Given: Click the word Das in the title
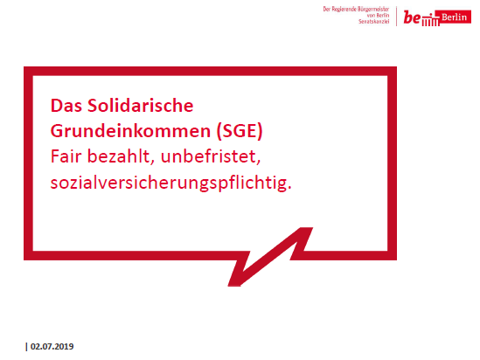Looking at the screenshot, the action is (66, 106).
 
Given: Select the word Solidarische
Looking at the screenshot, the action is (141, 106).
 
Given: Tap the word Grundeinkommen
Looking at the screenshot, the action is (131, 131).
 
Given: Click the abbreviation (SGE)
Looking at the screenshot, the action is (240, 131).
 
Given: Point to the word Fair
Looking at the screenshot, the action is (66, 156).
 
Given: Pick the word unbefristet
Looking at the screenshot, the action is (208, 156).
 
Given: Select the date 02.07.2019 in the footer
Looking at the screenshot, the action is (52, 347).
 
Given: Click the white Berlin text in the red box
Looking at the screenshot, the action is (455, 17).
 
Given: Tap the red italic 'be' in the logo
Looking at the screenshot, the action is (413, 17).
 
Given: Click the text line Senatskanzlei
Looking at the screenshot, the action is (374, 22).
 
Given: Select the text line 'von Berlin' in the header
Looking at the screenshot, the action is (378, 16).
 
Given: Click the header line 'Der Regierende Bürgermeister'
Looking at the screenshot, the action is (356, 10).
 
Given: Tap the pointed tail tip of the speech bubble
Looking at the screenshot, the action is (234, 286).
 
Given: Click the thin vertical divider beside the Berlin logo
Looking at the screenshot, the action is (396, 17).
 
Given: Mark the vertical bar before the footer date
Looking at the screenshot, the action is (26, 347).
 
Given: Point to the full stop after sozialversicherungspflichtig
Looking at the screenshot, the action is (289, 188).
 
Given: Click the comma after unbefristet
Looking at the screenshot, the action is (259, 163).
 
